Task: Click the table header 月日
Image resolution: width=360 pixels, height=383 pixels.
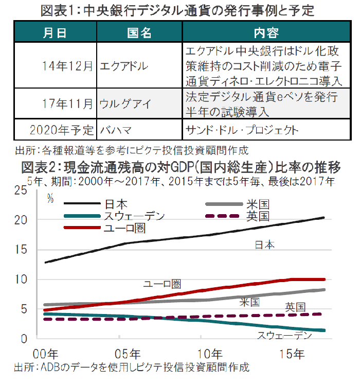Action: click(55, 33)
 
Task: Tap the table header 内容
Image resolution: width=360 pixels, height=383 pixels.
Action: click(266, 33)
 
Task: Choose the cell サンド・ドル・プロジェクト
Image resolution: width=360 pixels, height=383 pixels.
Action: click(241, 129)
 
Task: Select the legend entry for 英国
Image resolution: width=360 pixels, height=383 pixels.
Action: click(257, 216)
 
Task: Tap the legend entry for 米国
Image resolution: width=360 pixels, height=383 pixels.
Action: click(257, 204)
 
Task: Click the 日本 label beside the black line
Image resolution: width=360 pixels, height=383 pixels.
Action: click(265, 245)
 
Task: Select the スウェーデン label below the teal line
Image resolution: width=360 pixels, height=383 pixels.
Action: click(284, 336)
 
